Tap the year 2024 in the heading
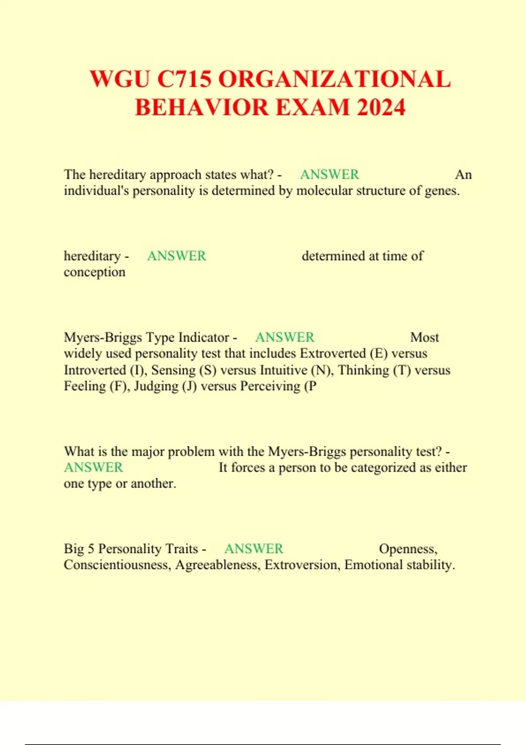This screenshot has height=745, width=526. click(x=381, y=108)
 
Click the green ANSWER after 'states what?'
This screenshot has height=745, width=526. click(x=329, y=174)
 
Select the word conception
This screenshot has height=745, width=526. click(x=94, y=272)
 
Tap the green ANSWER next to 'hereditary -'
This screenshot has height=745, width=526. click(x=176, y=256)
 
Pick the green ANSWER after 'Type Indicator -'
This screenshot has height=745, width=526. click(x=284, y=337)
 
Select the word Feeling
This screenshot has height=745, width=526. click(x=85, y=387)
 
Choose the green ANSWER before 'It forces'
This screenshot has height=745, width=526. click(x=93, y=468)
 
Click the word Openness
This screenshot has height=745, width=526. click(x=408, y=549)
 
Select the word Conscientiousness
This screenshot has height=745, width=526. click(x=117, y=565)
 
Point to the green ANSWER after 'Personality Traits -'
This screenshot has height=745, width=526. click(x=253, y=549)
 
